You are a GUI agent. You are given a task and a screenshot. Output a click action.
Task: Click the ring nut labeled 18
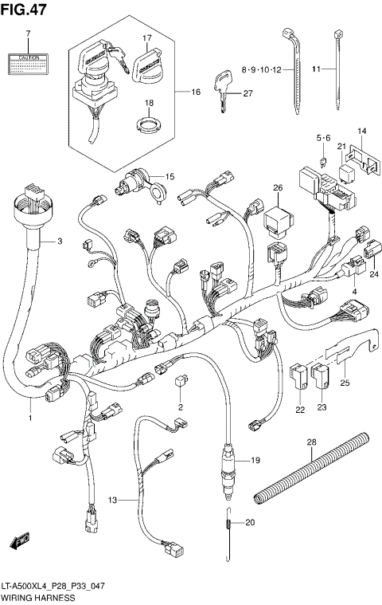tap(147, 124)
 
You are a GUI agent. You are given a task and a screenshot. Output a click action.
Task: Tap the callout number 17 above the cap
tap(147, 38)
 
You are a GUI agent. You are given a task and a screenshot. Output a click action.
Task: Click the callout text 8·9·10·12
tap(261, 72)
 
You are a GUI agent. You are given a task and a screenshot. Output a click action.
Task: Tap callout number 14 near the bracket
tap(361, 131)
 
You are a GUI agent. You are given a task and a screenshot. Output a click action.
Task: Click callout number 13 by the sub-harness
tap(113, 500)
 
